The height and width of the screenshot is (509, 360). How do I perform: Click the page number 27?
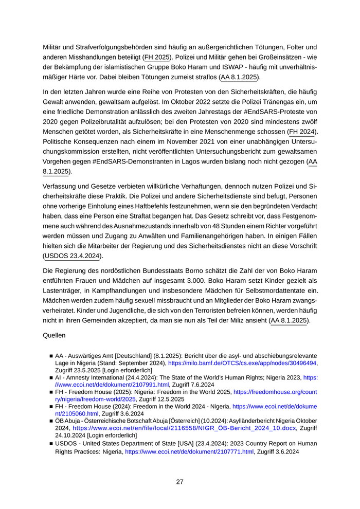pyautogui.click(x=179, y=482)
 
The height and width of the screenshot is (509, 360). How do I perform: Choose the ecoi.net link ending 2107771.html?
pyautogui.click(x=189, y=452)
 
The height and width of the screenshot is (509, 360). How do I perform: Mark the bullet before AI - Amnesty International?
pyautogui.click(x=51, y=377)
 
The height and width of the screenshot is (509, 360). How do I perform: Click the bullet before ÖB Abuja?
pyautogui.click(x=51, y=421)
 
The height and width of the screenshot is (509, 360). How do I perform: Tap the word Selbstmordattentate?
pyautogui.click(x=266, y=290)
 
